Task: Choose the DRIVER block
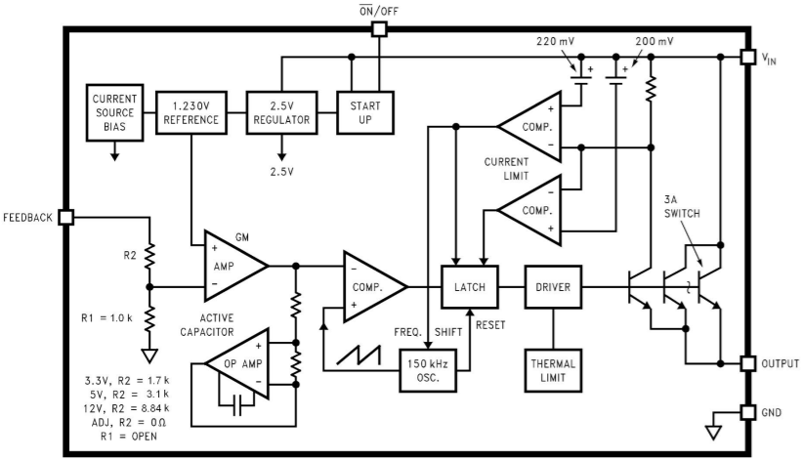554,287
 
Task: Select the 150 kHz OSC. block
427,370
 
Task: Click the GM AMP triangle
228,264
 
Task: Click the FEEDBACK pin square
66,217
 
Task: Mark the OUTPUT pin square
748,363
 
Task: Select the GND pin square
748,412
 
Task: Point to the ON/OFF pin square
380,29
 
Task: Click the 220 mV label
556,43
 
